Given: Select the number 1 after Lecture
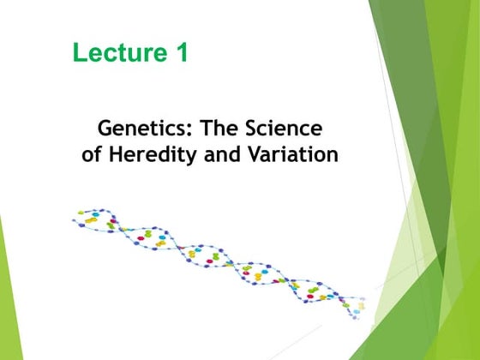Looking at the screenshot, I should point(181,52).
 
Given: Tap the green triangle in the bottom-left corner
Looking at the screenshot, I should point(7,309).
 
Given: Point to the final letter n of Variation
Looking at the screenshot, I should point(332,158).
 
